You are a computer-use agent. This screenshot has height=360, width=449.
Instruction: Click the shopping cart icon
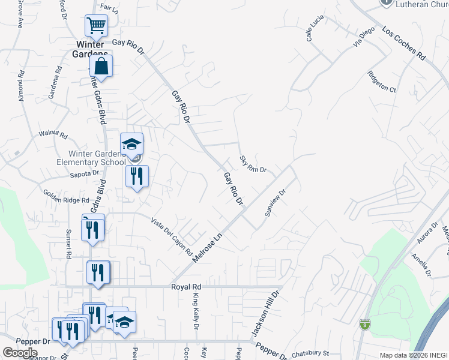pos(96,26)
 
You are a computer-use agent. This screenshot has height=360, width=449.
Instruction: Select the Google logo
pos(20,353)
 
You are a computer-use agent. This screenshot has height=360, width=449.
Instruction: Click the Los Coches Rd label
pos(403,44)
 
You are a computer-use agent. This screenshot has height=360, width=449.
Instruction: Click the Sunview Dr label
pos(274,203)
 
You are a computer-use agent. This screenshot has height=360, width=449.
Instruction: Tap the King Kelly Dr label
pos(195,311)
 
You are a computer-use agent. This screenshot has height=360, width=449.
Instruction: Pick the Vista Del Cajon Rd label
pos(171,235)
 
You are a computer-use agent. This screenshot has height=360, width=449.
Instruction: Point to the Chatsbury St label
pos(311,355)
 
